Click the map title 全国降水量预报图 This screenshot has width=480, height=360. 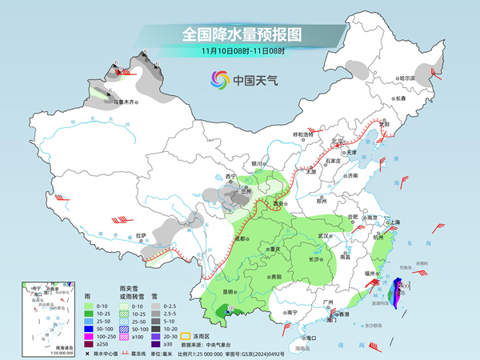(x=241, y=35)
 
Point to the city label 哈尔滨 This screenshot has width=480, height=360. (x=407, y=78)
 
